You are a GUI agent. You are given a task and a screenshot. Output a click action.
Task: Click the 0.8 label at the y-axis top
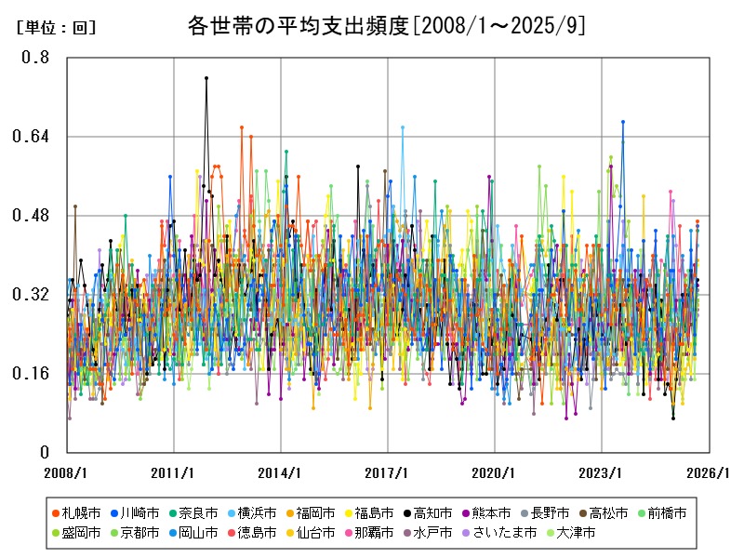[x=36, y=58]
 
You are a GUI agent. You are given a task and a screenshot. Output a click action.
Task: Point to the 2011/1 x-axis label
[x=175, y=472]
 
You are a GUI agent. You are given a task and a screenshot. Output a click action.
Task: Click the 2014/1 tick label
[x=282, y=472]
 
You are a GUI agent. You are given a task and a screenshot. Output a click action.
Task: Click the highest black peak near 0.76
[x=206, y=78]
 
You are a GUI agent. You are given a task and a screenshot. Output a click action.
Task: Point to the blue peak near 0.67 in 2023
[x=623, y=122]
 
